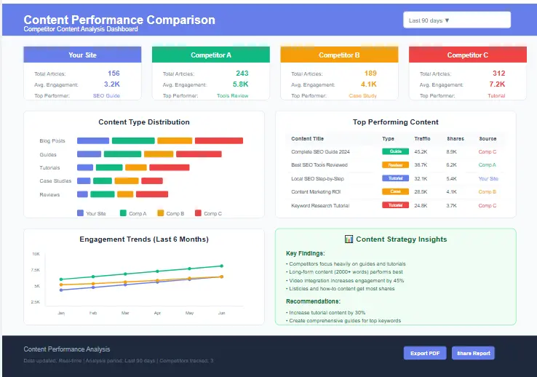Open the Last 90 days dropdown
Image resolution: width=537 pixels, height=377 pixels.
456,20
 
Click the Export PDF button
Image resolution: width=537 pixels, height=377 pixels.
424,353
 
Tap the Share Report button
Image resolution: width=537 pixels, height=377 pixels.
473,353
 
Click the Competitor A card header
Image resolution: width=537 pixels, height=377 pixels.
211,55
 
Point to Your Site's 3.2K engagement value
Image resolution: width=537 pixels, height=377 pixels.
112,84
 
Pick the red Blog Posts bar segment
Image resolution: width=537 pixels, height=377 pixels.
218,141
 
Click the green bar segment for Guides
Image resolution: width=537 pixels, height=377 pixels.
122,154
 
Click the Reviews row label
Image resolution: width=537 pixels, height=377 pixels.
49,194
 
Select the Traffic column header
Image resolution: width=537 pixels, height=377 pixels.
422,138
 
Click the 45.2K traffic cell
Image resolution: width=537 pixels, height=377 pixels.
421,151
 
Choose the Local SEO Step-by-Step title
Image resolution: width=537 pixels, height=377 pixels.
317,178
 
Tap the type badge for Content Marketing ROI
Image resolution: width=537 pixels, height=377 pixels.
395,191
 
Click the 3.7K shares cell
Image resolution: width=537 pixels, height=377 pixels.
451,205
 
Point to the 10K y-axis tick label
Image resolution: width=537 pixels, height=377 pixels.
36,254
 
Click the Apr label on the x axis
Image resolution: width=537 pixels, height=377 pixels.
157,312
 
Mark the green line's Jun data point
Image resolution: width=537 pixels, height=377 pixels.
221,266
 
